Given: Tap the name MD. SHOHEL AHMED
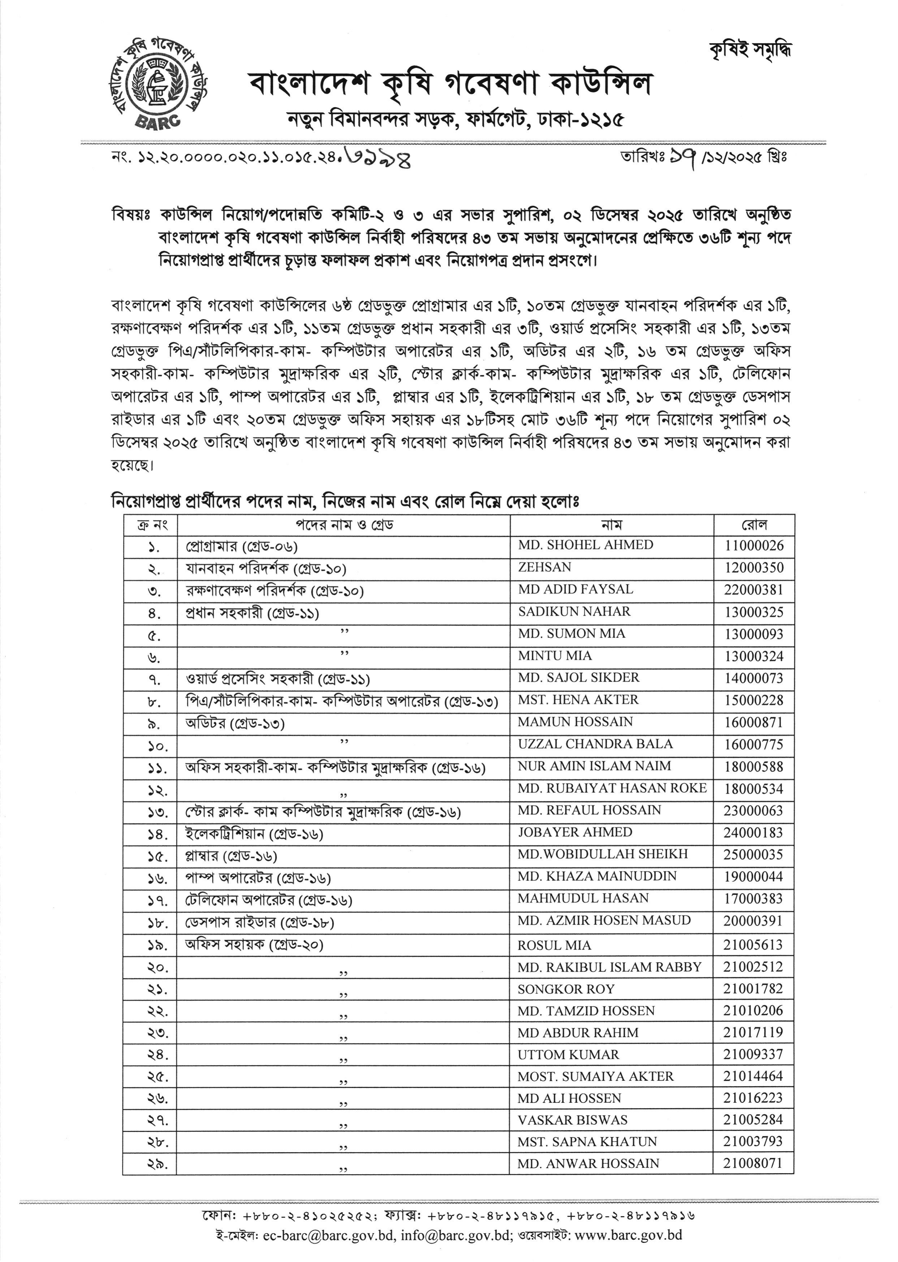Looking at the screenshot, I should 586,545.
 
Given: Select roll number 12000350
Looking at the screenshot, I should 754,568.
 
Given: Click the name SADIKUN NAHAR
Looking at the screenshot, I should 574,612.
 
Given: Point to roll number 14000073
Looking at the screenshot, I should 754,678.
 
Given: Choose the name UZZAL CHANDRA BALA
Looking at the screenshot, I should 595,744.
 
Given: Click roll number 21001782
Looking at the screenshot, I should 753,989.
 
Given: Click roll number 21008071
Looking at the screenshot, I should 753,1163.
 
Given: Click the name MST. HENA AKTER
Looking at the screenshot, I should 578,700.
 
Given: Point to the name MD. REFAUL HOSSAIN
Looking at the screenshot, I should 589,810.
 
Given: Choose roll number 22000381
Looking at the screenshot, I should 754,590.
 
